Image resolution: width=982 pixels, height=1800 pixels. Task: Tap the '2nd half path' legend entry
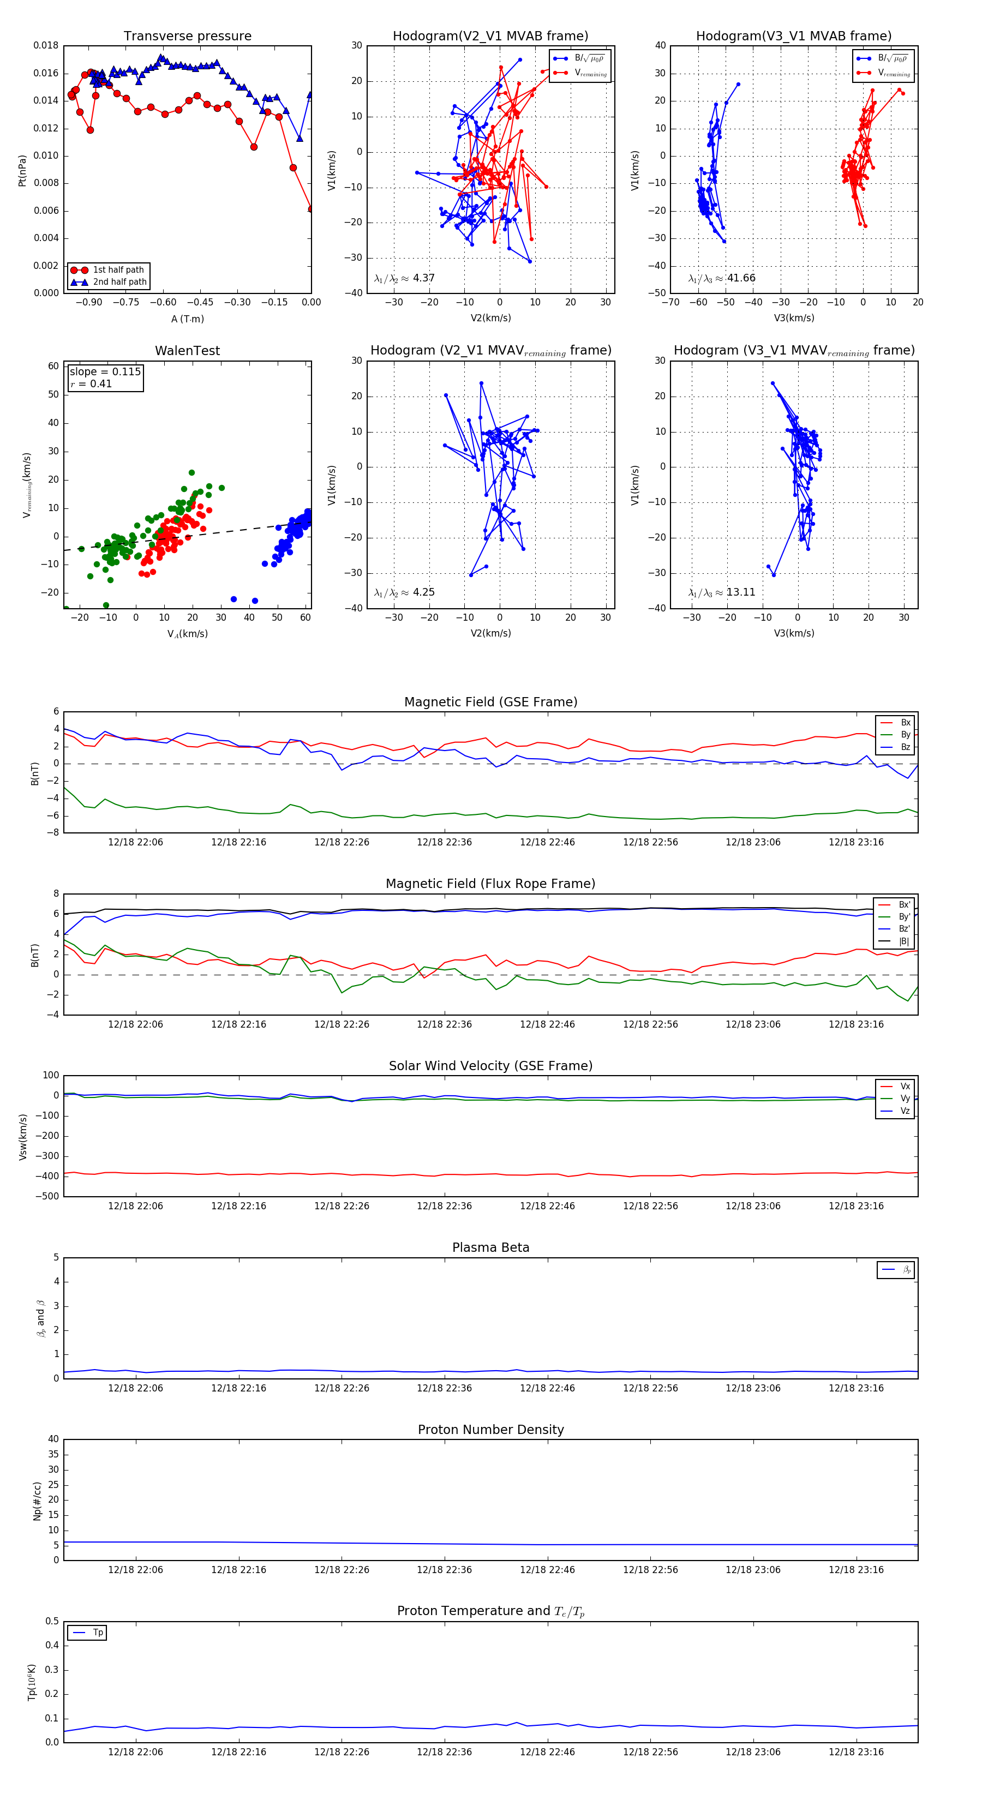[119, 283]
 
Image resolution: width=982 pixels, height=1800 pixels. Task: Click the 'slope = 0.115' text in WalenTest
[105, 372]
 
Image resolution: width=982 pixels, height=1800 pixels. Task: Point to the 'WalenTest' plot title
[187, 351]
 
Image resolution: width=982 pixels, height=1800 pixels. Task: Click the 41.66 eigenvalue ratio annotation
[741, 278]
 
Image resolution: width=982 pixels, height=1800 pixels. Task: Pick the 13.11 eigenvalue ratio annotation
[740, 592]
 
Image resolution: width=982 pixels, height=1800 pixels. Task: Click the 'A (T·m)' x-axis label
[187, 319]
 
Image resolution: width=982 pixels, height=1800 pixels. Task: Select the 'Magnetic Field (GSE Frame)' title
[490, 702]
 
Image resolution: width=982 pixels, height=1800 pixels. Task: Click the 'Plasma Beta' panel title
[490, 1248]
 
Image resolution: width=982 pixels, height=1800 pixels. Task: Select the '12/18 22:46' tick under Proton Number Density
[547, 1570]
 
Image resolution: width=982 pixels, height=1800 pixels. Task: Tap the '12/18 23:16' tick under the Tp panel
[855, 1752]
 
